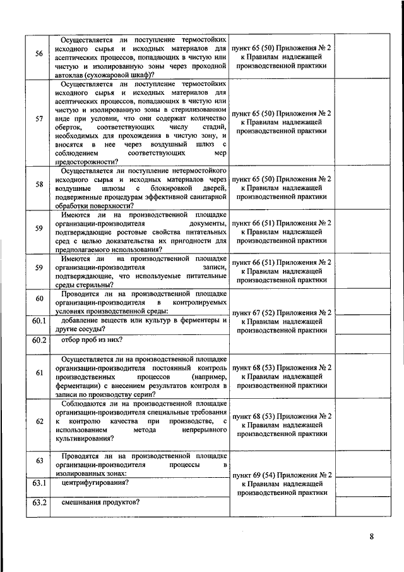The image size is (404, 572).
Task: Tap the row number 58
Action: pos(39,184)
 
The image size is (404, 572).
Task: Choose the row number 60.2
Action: pos(40,341)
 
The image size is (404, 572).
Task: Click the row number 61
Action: pos(39,372)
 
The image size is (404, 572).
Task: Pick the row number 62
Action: pos(39,422)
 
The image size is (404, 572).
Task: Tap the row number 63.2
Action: pos(40,503)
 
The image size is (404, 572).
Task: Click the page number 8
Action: pos(372,538)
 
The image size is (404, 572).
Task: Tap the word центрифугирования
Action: pos(91,483)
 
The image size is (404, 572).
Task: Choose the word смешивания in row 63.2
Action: pos(81,503)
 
